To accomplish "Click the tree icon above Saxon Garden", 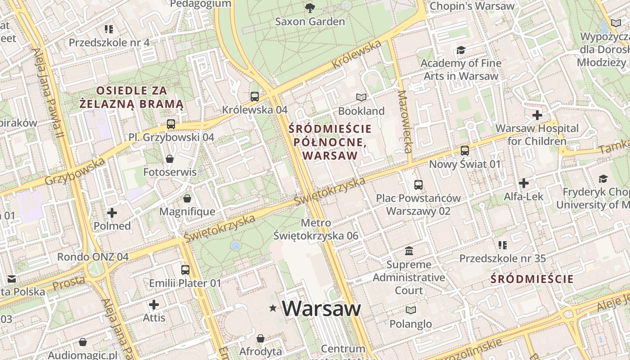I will click(x=310, y=7).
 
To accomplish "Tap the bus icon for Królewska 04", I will click(x=255, y=96).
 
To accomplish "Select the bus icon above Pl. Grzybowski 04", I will click(x=171, y=124).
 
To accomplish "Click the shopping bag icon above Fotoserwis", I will click(x=170, y=159).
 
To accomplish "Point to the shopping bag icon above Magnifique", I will click(x=187, y=198).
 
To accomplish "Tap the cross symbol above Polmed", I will click(x=112, y=213).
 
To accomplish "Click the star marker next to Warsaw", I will click(x=273, y=309).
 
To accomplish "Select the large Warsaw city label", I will click(x=321, y=309).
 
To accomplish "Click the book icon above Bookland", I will click(x=361, y=97).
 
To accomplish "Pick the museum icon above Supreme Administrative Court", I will click(x=409, y=251).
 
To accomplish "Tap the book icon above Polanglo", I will click(x=410, y=310).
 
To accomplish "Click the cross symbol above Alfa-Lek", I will click(x=523, y=183).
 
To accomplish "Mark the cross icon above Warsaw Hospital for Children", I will click(x=537, y=115).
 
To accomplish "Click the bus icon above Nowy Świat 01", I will click(x=465, y=151).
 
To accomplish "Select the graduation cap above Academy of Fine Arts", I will click(x=461, y=50).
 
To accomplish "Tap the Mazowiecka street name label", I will click(x=405, y=121).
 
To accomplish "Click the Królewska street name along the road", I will click(x=356, y=54).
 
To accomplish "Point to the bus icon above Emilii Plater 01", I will click(x=185, y=270).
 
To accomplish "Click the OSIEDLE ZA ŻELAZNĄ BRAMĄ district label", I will click(x=132, y=97).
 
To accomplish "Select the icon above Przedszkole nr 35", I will click(x=502, y=245).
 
